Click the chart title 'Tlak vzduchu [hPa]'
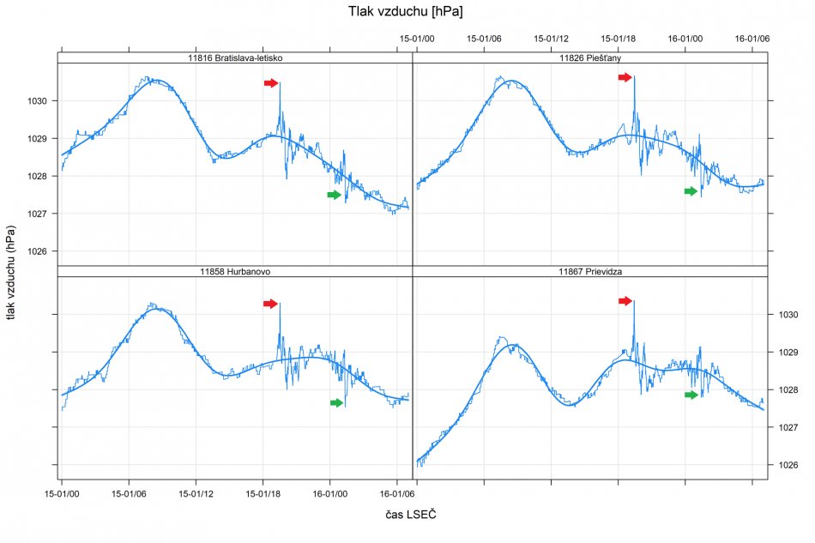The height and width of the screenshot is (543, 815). (407, 11)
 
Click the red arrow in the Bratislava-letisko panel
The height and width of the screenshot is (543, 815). (270, 83)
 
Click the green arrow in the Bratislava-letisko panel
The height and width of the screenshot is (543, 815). (334, 195)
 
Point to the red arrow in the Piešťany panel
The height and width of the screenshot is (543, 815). (625, 77)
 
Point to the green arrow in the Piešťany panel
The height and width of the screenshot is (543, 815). (691, 191)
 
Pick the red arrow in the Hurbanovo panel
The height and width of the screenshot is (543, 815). (270, 304)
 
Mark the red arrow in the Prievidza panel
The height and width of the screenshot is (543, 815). (625, 301)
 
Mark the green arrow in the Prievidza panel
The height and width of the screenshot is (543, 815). (691, 395)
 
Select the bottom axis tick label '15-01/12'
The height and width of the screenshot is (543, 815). (195, 494)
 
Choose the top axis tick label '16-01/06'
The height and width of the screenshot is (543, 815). (752, 39)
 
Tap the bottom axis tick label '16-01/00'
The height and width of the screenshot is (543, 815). (329, 494)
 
